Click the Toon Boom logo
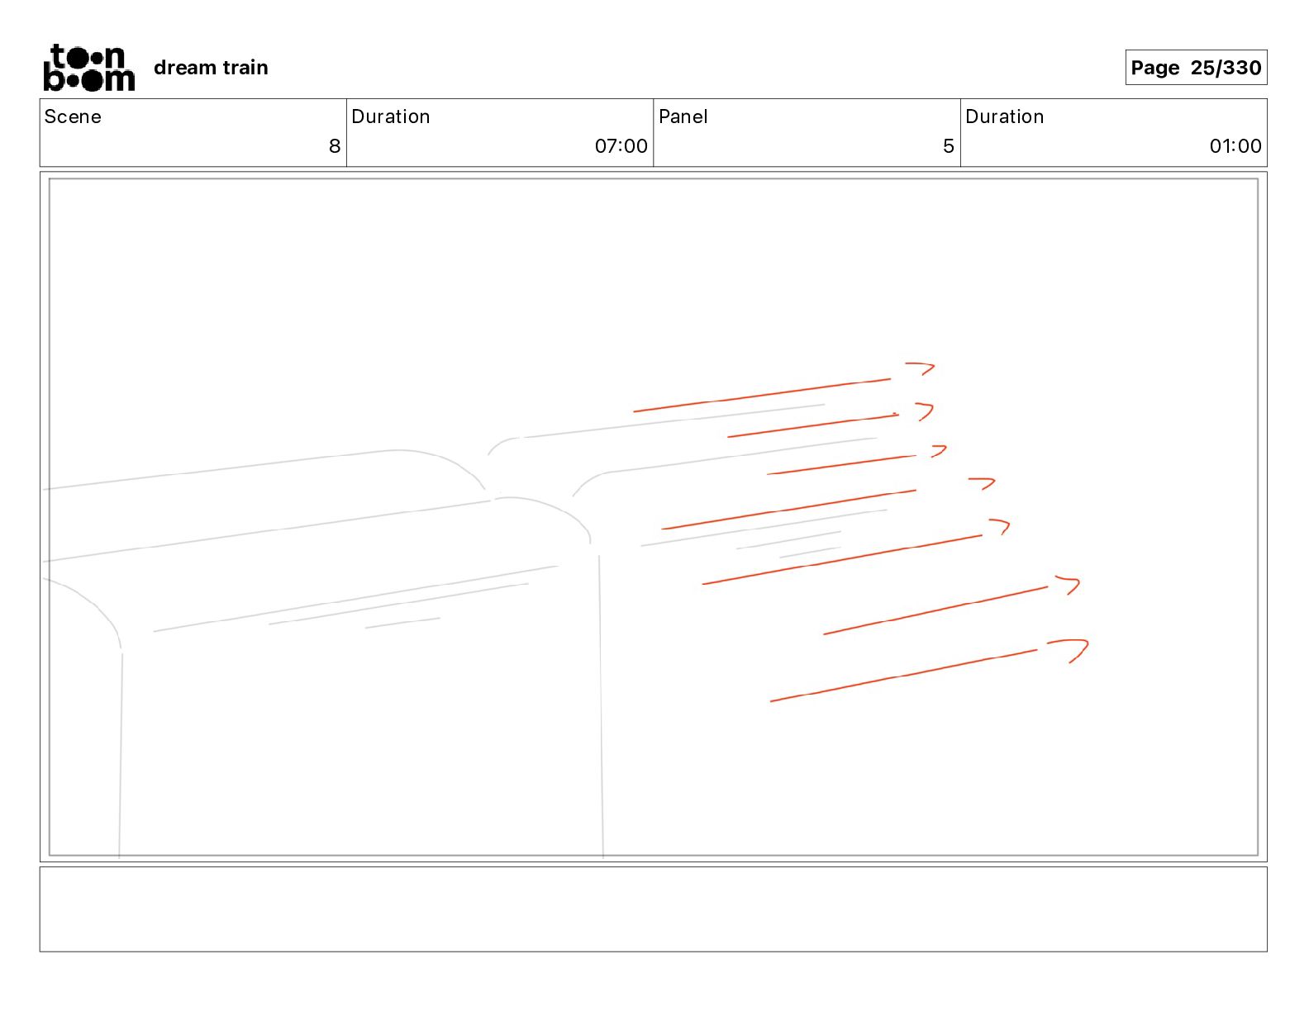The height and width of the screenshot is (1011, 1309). [x=88, y=68]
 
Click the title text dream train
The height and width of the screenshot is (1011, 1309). [x=211, y=68]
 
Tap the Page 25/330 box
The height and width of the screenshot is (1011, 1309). [x=1195, y=68]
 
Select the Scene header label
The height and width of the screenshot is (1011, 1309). [x=73, y=116]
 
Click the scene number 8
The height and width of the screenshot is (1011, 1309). [x=334, y=146]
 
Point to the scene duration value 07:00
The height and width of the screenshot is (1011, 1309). [x=621, y=146]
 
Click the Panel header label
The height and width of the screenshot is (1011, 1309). [x=683, y=116]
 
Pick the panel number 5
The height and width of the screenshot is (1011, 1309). [x=948, y=146]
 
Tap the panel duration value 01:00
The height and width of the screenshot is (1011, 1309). [x=1235, y=146]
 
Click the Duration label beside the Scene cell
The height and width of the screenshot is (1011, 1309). [x=390, y=116]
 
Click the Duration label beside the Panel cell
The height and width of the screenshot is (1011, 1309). [x=1004, y=116]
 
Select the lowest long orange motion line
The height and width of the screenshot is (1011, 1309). [x=903, y=676]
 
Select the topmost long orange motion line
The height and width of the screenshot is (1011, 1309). [x=762, y=395]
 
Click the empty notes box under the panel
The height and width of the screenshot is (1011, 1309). [x=653, y=909]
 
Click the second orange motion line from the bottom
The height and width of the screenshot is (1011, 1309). [x=935, y=610]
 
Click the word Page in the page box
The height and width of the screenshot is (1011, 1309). [x=1154, y=68]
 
